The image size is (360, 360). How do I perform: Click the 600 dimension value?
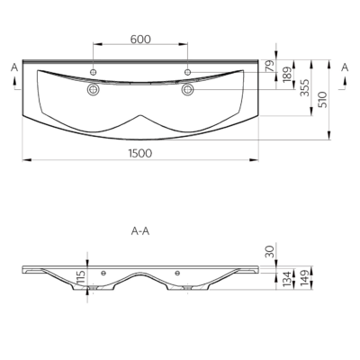click(x=140, y=40)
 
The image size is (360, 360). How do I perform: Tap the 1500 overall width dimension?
click(x=140, y=153)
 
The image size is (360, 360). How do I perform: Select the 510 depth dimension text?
click(x=321, y=100)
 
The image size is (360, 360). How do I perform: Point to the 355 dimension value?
click(x=304, y=87)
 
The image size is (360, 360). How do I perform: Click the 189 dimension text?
click(x=287, y=75)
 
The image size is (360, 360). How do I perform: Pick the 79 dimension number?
click(x=270, y=66)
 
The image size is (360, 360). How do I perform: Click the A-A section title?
click(x=140, y=231)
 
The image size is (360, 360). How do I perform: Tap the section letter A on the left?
click(x=14, y=67)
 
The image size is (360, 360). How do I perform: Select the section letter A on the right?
click(x=346, y=67)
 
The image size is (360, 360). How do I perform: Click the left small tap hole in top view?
click(x=94, y=72)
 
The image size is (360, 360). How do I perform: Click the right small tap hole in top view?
click(x=188, y=72)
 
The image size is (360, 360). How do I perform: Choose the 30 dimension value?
click(x=270, y=251)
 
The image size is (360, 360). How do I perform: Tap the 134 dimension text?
click(x=287, y=279)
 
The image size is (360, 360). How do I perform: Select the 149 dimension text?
click(x=304, y=278)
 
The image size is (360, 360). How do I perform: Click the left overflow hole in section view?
click(x=103, y=273)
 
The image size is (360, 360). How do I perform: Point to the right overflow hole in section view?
click(x=177, y=273)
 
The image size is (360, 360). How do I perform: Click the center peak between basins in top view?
click(x=140, y=115)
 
